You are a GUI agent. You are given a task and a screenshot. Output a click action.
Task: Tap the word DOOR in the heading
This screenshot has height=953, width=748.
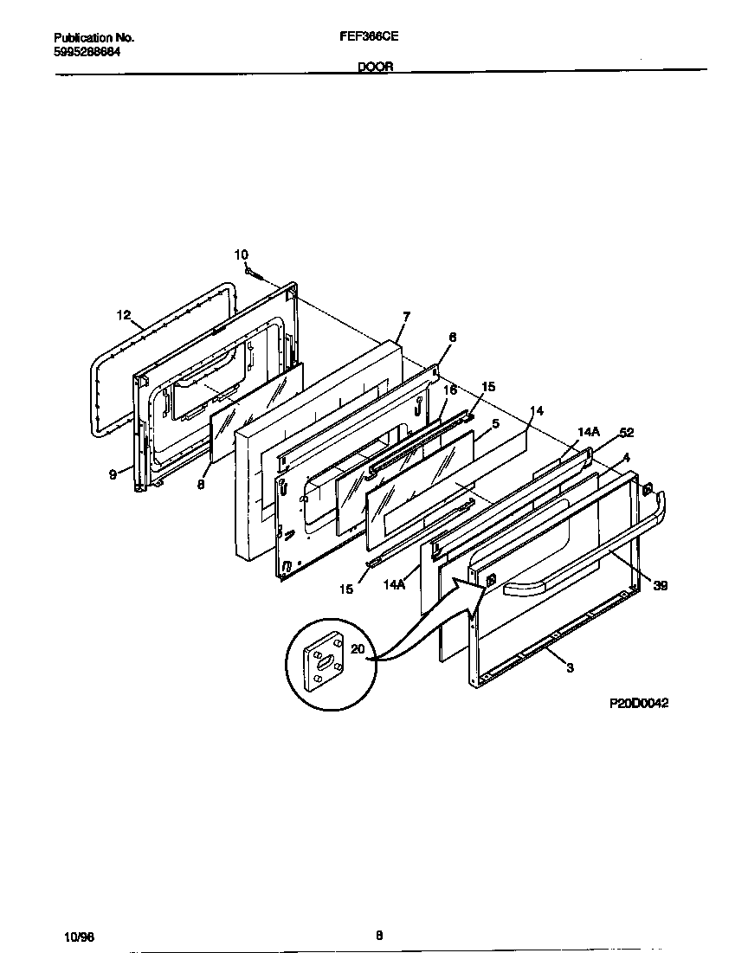[375, 66]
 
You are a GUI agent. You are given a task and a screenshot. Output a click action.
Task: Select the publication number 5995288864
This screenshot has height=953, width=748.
[87, 52]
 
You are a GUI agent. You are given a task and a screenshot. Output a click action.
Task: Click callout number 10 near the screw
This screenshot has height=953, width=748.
[241, 254]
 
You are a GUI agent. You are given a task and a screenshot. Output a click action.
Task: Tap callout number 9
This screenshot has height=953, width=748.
[113, 473]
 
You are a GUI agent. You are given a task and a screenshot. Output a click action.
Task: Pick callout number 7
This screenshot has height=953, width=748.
[406, 316]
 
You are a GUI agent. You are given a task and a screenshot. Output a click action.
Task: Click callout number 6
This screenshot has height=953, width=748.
[452, 337]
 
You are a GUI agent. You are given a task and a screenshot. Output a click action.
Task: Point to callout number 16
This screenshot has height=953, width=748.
[449, 391]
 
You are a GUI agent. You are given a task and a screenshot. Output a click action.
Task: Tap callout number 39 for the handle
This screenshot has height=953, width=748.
[660, 586]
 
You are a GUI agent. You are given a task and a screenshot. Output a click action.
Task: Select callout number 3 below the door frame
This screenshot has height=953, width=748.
[570, 668]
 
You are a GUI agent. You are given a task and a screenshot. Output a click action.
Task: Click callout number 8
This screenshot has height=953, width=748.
[200, 486]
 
